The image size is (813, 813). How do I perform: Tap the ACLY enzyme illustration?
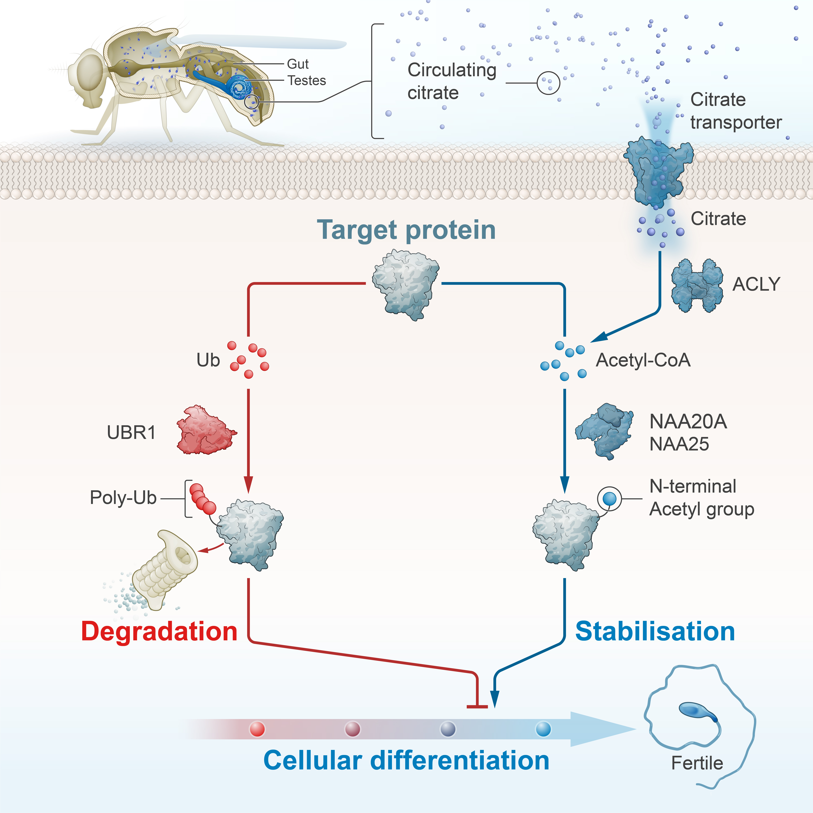coord(697,286)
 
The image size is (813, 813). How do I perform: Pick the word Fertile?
coord(697,763)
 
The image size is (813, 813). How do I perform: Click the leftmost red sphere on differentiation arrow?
coord(257,729)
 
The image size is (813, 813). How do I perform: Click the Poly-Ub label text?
coord(123,498)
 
